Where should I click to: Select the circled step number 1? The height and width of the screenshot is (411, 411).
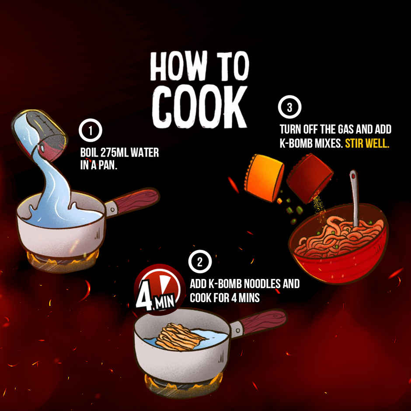(91, 130)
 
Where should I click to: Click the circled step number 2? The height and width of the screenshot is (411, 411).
(200, 262)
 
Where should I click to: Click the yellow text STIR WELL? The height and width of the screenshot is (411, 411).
(367, 143)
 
